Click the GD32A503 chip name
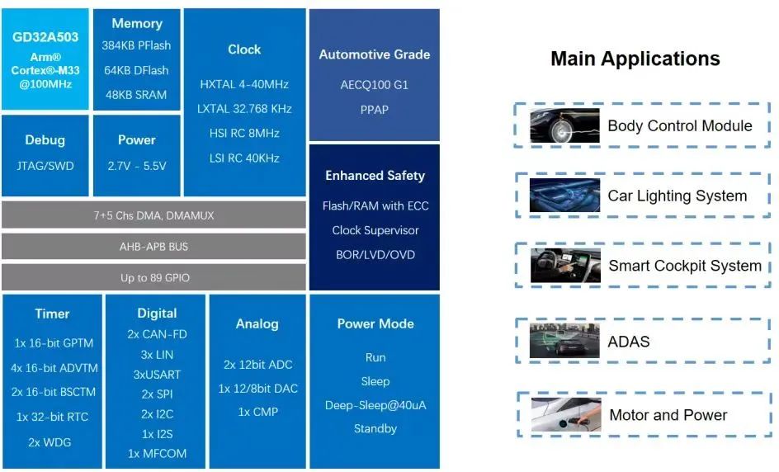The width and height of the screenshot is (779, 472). (45, 37)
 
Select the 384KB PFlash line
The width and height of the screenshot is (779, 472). (136, 45)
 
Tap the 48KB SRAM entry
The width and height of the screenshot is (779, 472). (136, 95)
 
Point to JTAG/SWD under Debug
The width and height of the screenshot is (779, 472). (45, 166)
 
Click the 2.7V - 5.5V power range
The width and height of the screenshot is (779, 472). (137, 166)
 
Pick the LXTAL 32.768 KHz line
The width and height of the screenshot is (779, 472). (244, 109)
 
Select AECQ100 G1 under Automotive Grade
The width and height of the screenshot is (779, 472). (374, 85)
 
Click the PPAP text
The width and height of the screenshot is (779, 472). (374, 110)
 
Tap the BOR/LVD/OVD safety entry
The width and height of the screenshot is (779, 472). (375, 255)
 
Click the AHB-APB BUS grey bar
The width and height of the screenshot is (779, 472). (153, 247)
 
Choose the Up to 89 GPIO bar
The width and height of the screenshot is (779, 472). (153, 277)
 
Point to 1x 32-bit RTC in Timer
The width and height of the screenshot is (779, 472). (52, 417)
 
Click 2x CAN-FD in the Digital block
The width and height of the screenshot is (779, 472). (157, 334)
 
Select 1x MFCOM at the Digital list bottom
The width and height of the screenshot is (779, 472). (157, 454)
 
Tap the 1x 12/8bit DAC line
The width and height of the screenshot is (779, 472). (257, 389)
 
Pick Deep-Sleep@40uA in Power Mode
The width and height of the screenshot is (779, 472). (375, 405)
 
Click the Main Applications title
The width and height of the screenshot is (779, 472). (635, 59)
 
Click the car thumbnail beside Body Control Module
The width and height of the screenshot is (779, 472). (564, 125)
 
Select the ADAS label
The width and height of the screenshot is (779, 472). (629, 342)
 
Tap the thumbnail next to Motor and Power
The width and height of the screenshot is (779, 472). (566, 414)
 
